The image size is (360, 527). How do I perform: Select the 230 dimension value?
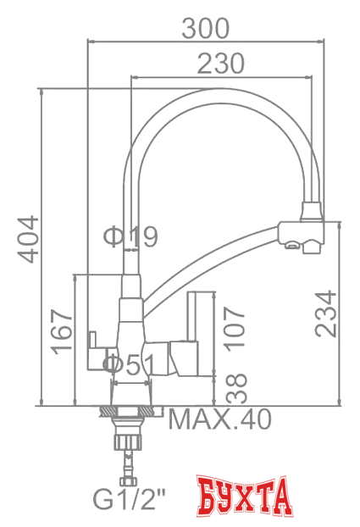(221, 63)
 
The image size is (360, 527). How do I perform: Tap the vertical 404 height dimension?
(29, 240)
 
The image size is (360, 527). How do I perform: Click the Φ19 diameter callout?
(131, 237)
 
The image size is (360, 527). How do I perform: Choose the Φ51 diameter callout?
(129, 365)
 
